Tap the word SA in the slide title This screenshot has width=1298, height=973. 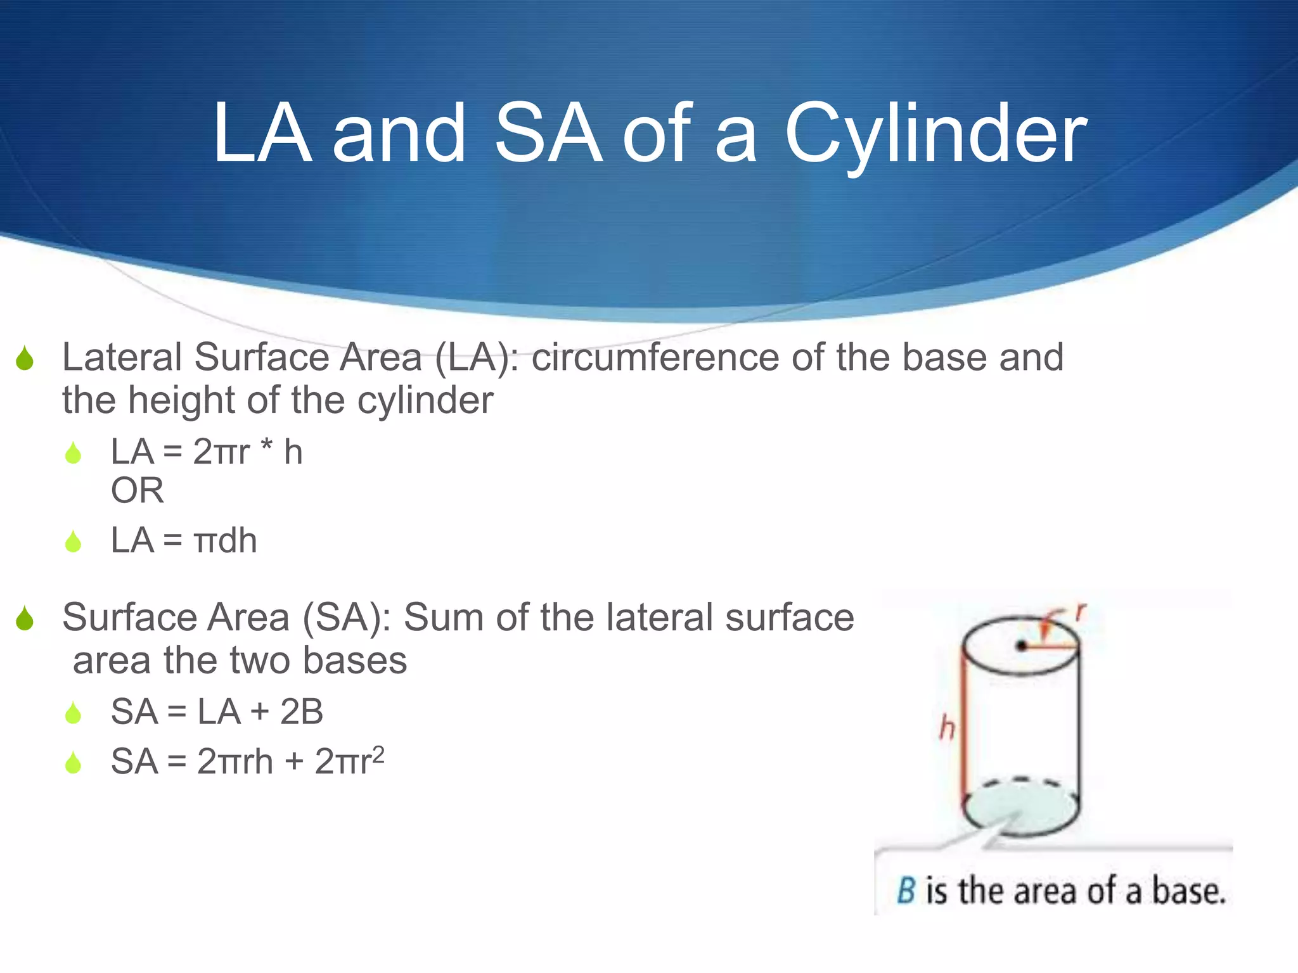(x=548, y=134)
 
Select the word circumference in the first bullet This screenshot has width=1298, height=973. (x=655, y=358)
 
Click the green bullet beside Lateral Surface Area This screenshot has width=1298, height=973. (x=25, y=359)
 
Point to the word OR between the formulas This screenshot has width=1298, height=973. (x=138, y=491)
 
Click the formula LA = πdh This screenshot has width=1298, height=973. (x=184, y=541)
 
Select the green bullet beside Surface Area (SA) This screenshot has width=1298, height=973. (x=25, y=619)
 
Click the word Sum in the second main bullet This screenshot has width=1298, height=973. (x=444, y=618)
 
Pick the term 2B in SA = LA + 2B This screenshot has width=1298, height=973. (x=302, y=712)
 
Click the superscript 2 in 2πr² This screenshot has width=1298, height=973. (x=378, y=753)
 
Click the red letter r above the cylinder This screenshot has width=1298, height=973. (x=1080, y=612)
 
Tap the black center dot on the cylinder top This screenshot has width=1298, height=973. (x=1021, y=646)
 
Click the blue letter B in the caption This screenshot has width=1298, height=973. (x=906, y=891)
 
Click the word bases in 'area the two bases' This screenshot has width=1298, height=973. (x=355, y=661)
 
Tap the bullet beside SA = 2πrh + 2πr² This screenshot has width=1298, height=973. (x=74, y=763)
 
